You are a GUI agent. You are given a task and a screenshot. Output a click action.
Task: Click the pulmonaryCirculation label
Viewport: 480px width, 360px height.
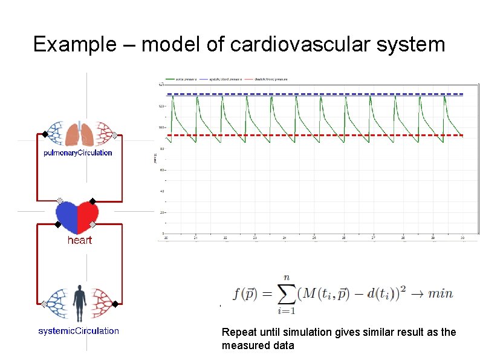click(x=78, y=152)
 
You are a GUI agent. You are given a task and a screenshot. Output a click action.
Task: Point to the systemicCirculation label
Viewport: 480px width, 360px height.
click(x=79, y=331)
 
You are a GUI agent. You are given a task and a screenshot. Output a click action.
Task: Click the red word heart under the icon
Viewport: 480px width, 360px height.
click(x=79, y=240)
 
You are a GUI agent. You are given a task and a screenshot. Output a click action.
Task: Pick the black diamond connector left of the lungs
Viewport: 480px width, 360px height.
click(x=45, y=134)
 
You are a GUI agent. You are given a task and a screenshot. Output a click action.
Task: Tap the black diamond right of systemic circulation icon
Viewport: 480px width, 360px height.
click(x=115, y=304)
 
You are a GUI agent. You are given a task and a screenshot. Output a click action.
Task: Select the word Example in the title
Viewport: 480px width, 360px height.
click(x=65, y=45)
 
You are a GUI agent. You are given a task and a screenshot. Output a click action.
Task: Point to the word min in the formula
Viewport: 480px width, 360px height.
click(x=440, y=293)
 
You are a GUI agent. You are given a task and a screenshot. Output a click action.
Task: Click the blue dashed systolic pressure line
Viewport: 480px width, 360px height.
click(x=314, y=94)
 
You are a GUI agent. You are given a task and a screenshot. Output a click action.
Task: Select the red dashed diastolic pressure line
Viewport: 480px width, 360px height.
click(x=314, y=135)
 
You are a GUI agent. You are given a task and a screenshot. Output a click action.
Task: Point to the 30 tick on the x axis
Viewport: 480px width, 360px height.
click(x=462, y=238)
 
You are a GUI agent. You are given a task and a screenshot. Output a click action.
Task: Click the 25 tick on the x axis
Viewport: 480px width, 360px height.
click(x=314, y=238)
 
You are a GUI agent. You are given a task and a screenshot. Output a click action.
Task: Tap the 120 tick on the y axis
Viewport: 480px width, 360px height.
click(x=161, y=106)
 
